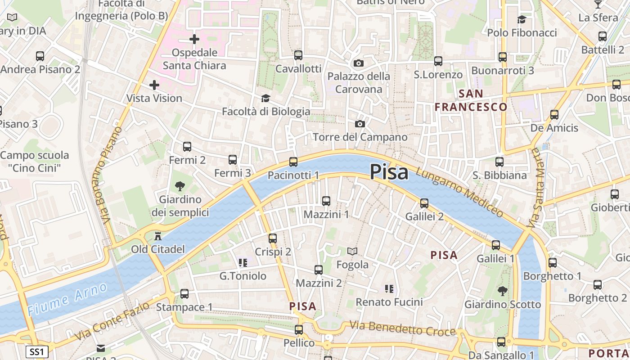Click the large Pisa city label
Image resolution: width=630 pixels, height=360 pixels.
coord(389,172)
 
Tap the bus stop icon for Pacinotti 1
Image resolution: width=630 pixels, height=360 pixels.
coord(293,162)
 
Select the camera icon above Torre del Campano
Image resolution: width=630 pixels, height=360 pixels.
coord(360,124)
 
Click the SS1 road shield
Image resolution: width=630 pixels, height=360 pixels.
coord(36,351)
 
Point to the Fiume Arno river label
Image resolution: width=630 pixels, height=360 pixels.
coord(67,299)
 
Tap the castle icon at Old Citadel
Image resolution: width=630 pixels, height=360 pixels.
coord(158,236)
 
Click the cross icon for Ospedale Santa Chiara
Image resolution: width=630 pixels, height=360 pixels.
coord(194,40)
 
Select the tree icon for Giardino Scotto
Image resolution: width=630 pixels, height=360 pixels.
coord(502,291)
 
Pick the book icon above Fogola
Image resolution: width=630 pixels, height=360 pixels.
coord(352,251)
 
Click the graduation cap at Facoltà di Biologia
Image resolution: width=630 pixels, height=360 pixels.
coord(266,98)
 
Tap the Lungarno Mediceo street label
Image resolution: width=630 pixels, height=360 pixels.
coord(459,192)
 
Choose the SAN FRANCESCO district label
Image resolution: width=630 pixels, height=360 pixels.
coord(471,100)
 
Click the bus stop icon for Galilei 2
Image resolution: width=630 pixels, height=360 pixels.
coord(424,203)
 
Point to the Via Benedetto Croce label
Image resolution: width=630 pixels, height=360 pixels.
coord(403,328)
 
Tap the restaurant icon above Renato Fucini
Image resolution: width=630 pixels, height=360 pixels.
coord(389,288)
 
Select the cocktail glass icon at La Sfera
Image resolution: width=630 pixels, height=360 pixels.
coord(598,4)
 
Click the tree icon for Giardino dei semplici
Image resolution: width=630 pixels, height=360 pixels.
coord(180,186)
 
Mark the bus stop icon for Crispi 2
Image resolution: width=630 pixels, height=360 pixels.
coord(273,238)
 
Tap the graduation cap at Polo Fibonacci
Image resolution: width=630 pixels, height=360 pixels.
coord(522,19)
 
